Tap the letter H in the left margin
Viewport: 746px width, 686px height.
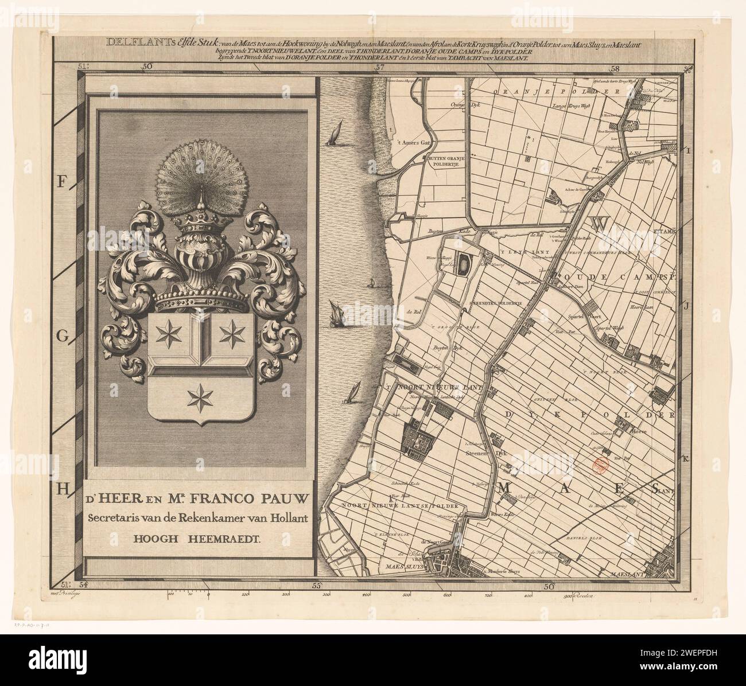tap(64, 489)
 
